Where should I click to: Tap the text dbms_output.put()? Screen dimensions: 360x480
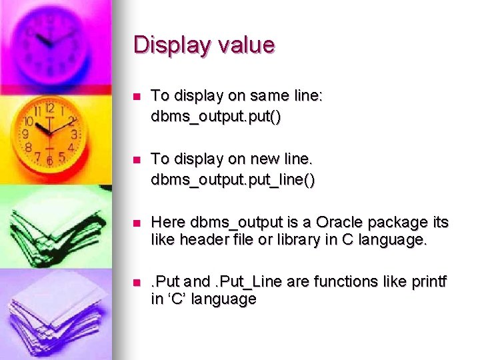click(x=216, y=116)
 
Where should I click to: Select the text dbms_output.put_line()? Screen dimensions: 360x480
click(x=233, y=179)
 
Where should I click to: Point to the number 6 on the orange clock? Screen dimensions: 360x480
click(x=49, y=161)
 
